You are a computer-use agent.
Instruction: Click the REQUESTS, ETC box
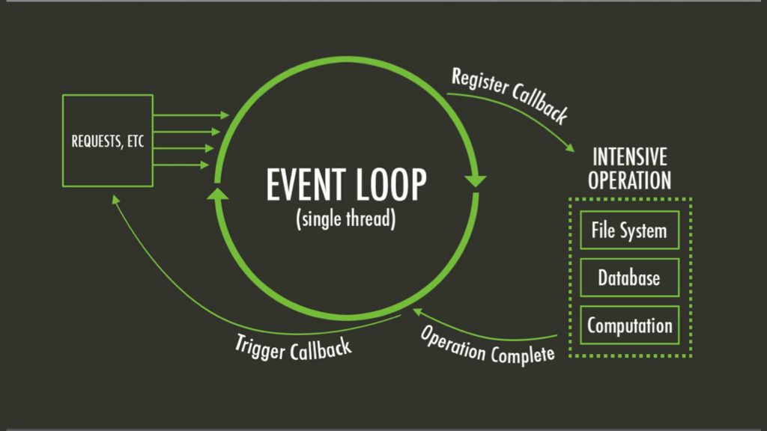point(108,141)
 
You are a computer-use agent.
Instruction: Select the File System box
point(629,230)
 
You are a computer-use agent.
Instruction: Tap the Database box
point(629,278)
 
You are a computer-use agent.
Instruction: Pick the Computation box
point(629,325)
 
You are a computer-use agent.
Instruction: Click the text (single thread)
point(345,220)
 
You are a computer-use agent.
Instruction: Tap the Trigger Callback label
point(293,346)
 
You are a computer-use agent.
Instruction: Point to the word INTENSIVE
point(630,157)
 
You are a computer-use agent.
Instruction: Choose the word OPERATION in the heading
point(629,180)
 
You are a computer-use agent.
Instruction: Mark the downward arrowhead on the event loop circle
point(476,181)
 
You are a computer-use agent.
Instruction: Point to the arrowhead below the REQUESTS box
point(115,199)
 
